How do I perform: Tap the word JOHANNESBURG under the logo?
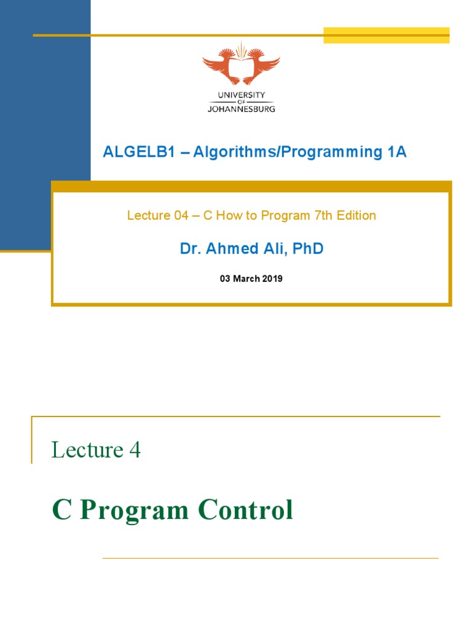pyautogui.click(x=241, y=108)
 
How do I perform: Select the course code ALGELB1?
pyautogui.click(x=130, y=152)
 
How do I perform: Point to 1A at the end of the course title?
pyautogui.click(x=397, y=152)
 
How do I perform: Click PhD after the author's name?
pyautogui.click(x=308, y=249)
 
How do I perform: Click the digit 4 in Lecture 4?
pyautogui.click(x=135, y=450)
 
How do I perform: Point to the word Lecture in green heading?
pyautogui.click(x=87, y=450)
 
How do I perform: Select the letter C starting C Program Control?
pyautogui.click(x=61, y=511)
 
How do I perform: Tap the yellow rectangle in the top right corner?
pyautogui.click(x=387, y=35)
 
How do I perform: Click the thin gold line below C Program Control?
pyautogui.click(x=270, y=558)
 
